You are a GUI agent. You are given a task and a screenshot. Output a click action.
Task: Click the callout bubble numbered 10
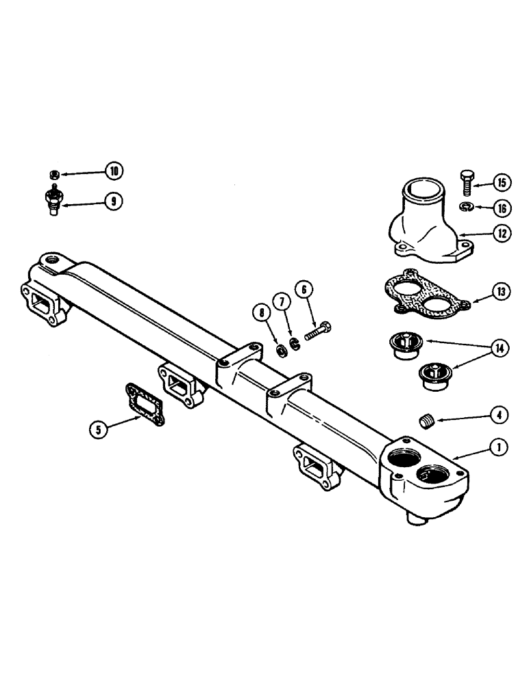click(x=114, y=170)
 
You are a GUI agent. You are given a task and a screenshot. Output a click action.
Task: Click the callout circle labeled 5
click(x=99, y=429)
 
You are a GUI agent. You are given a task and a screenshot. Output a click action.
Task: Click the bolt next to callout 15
click(x=466, y=182)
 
